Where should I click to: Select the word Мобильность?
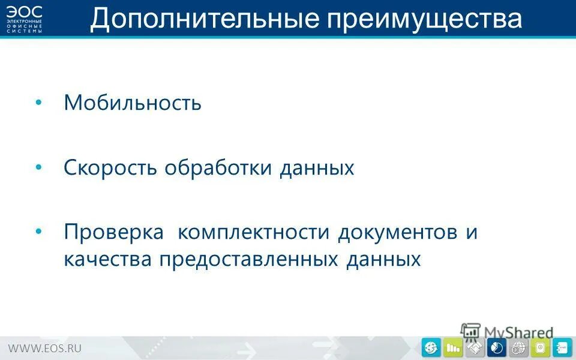[x=133, y=103]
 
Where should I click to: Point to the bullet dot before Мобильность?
[x=39, y=103]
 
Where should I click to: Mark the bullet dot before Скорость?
[x=39, y=167]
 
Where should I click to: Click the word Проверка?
[x=113, y=233]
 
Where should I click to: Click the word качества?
[x=108, y=260]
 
